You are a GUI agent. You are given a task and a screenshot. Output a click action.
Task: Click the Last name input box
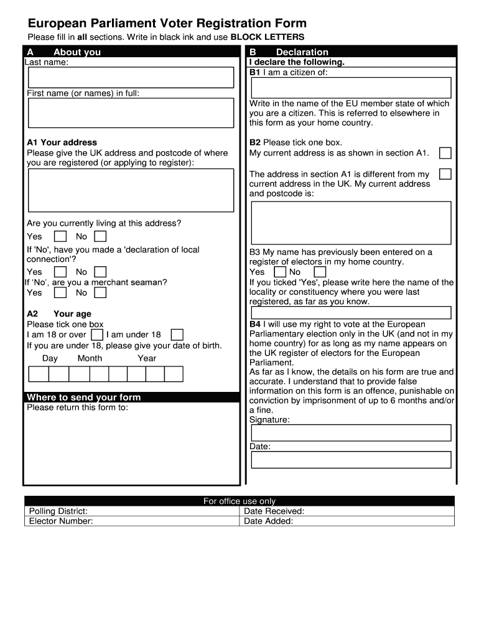pyautogui.click(x=131, y=77)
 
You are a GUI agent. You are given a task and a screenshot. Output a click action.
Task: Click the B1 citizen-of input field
pyautogui.click(x=350, y=88)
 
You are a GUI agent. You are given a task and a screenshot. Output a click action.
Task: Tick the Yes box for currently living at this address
pyautogui.click(x=60, y=236)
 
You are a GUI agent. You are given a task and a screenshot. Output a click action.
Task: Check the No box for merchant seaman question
pyautogui.click(x=100, y=292)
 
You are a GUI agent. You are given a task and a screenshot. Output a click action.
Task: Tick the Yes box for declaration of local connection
pyautogui.click(x=60, y=272)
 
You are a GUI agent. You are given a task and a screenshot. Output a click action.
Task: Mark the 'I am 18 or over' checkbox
pyautogui.click(x=97, y=335)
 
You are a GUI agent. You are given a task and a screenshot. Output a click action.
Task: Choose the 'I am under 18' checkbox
pyautogui.click(x=177, y=335)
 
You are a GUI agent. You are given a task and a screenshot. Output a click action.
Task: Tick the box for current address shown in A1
pyautogui.click(x=445, y=153)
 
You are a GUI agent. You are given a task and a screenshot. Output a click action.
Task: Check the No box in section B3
pyautogui.click(x=320, y=272)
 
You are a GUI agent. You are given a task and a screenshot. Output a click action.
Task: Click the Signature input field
pyautogui.click(x=350, y=433)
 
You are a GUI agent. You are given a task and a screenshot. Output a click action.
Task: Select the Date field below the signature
pyautogui.click(x=350, y=460)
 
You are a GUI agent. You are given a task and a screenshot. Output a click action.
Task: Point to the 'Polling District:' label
pyautogui.click(x=58, y=511)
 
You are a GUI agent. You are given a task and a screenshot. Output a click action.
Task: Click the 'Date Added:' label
pyautogui.click(x=268, y=521)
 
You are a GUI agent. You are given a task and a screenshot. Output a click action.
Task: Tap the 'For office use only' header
pyautogui.click(x=240, y=501)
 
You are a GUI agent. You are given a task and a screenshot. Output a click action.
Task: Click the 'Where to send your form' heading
pyautogui.click(x=84, y=397)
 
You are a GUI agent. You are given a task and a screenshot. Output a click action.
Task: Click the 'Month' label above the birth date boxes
pyautogui.click(x=90, y=358)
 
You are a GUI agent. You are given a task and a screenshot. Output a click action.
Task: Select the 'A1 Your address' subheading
pyautogui.click(x=62, y=142)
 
